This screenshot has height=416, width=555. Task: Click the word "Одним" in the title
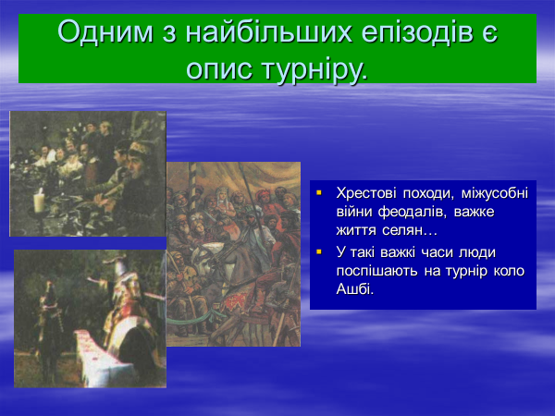pyautogui.click(x=105, y=32)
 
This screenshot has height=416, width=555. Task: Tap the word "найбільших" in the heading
pyautogui.click(x=268, y=32)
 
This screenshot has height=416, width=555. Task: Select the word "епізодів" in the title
pyautogui.click(x=418, y=32)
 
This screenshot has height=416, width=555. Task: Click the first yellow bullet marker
pyautogui.click(x=319, y=193)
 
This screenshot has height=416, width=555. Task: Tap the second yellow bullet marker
pyautogui.click(x=319, y=252)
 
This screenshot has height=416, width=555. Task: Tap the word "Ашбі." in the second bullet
pyautogui.click(x=354, y=289)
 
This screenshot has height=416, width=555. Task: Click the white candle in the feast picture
pyautogui.click(x=39, y=201)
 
